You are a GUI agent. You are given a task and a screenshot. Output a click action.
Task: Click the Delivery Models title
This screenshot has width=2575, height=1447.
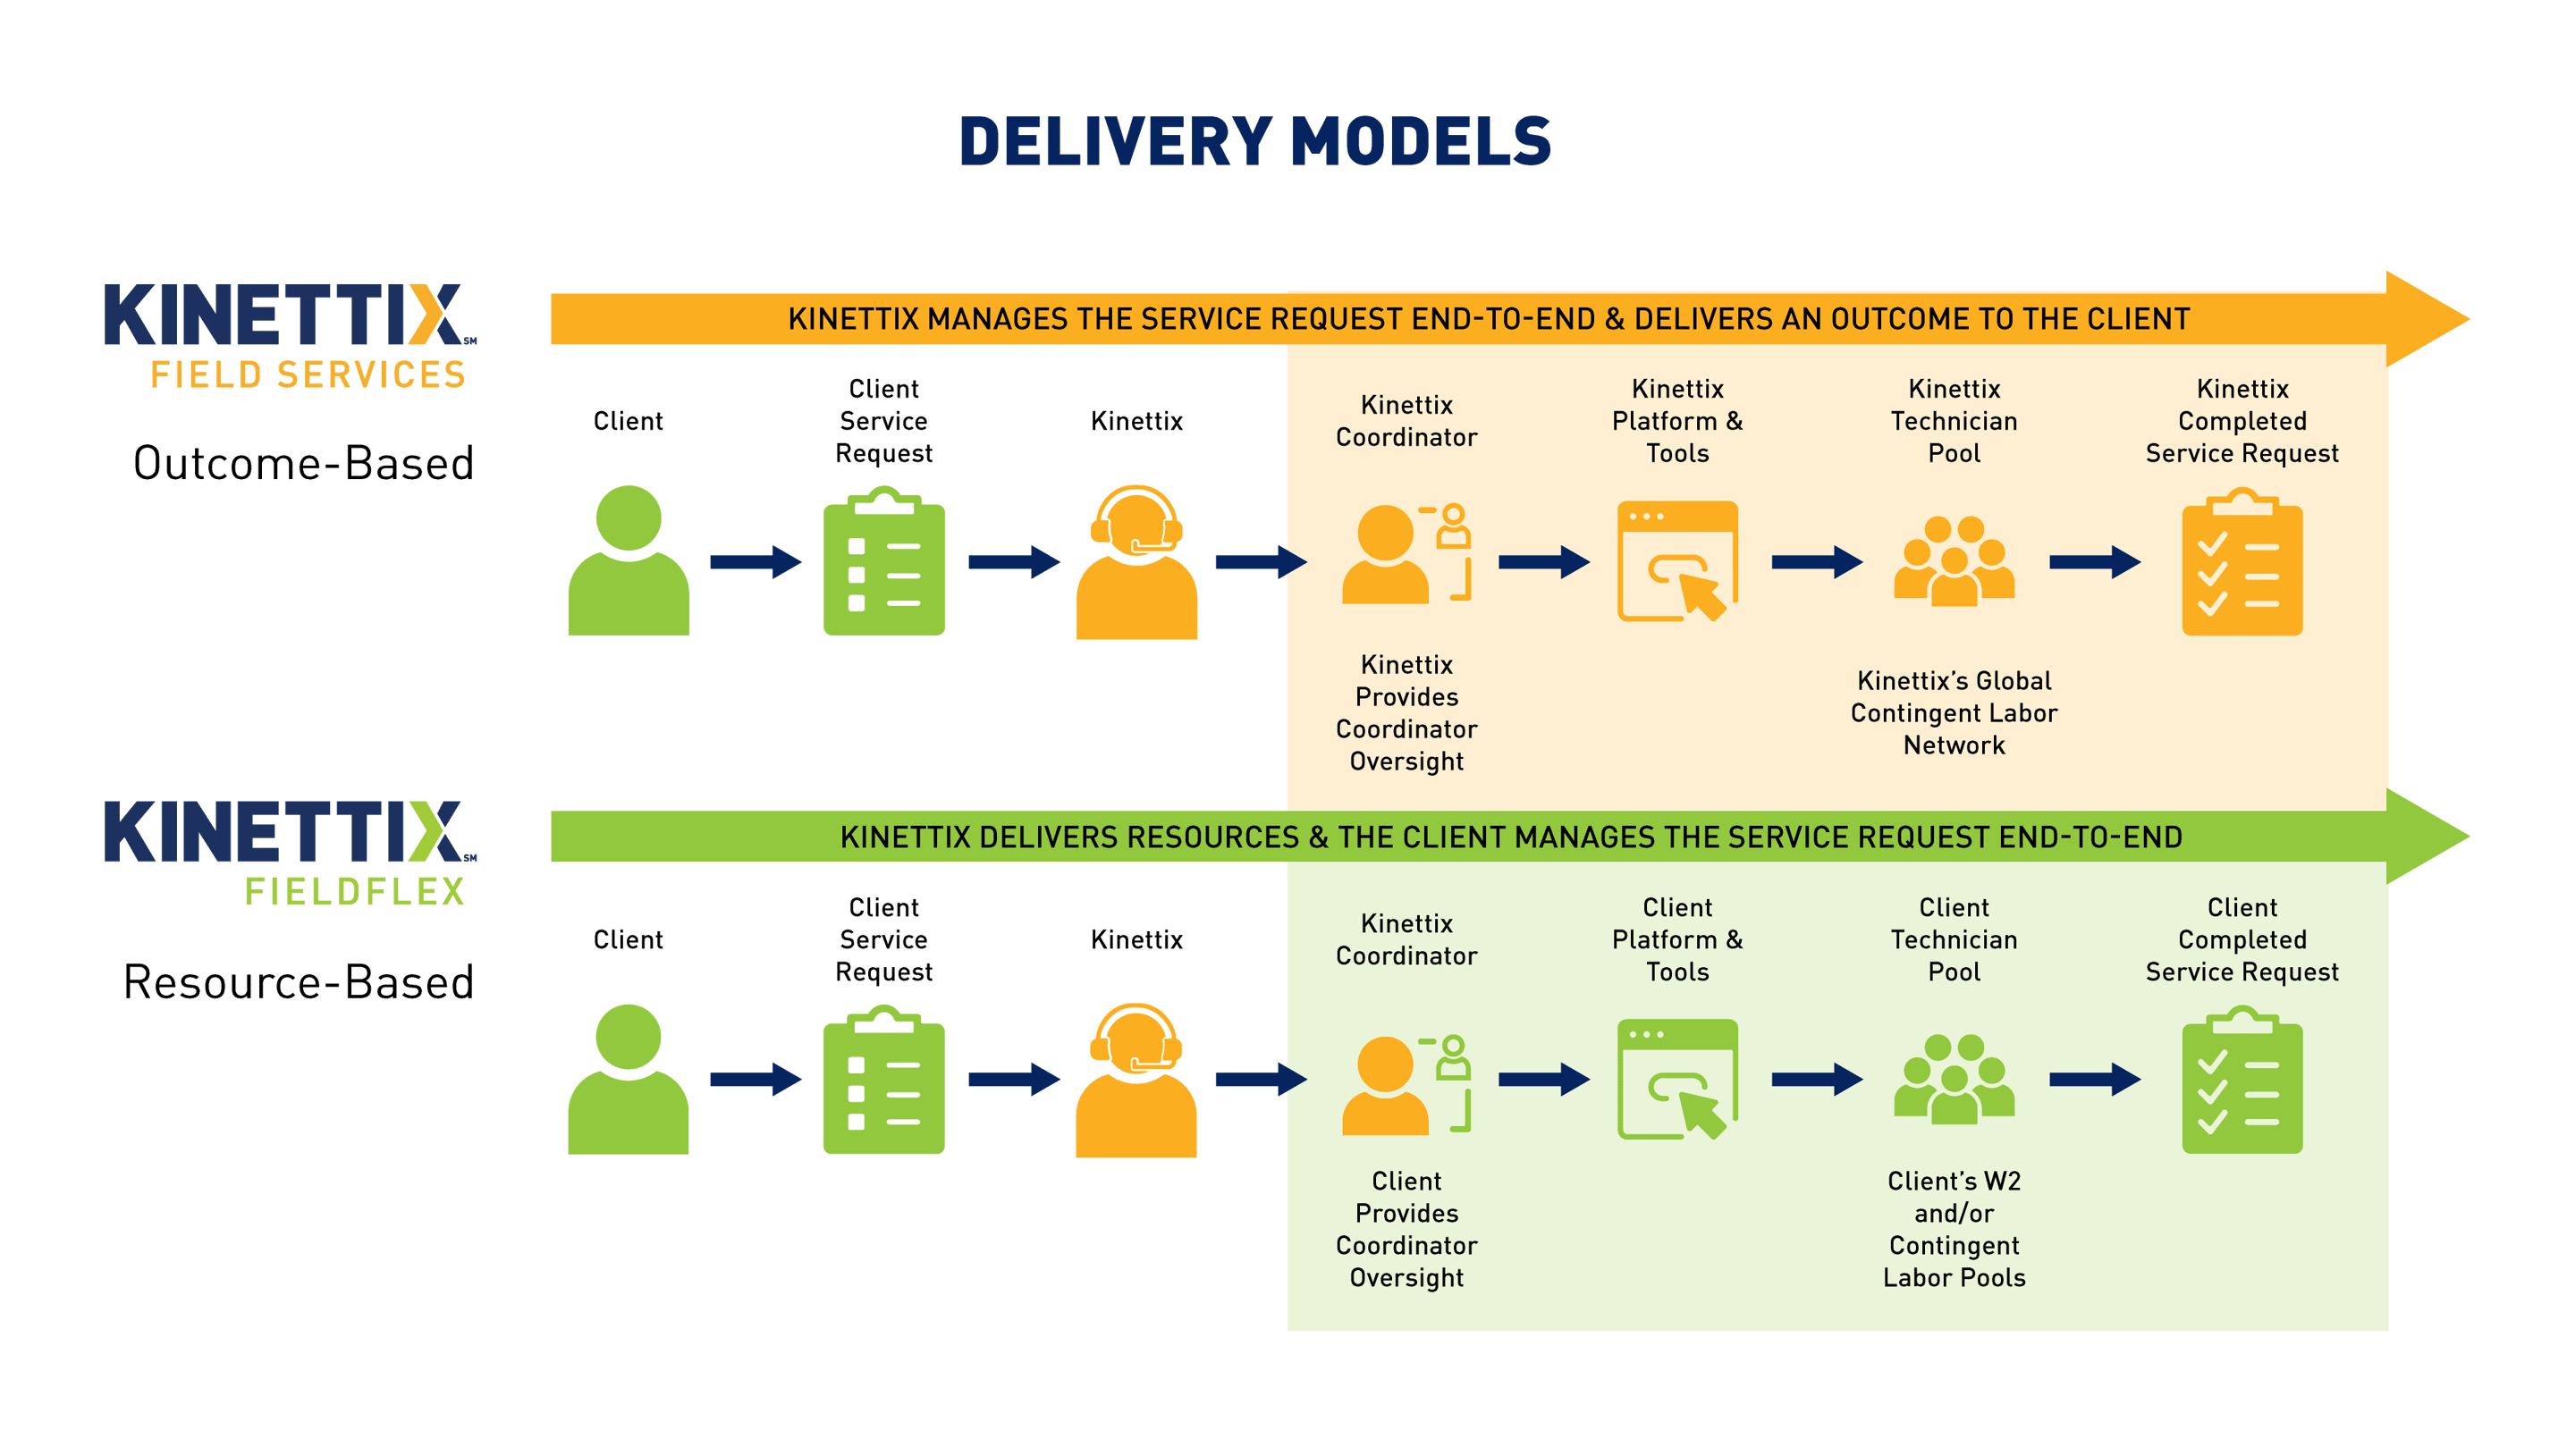pos(1254,141)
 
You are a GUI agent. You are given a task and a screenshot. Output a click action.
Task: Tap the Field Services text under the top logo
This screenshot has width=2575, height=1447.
pos(308,374)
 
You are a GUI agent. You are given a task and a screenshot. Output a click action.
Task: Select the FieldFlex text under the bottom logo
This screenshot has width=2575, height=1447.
pos(355,891)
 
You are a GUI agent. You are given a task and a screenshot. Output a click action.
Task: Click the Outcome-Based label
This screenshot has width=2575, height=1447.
pos(303,464)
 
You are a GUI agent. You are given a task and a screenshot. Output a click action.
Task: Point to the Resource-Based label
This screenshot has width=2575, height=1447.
pos(298,982)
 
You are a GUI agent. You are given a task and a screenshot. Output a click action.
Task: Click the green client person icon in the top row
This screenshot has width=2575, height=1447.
pos(628,561)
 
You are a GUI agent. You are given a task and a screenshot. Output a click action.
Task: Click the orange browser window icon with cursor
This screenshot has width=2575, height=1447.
pos(1677,561)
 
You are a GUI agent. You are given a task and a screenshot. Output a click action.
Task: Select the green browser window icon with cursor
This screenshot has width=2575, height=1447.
pos(1677,1081)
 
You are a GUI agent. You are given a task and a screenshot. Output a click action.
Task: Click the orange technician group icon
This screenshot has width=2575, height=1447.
pos(1954,561)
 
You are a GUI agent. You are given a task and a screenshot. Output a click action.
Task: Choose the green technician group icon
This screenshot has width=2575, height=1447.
pos(1954,1081)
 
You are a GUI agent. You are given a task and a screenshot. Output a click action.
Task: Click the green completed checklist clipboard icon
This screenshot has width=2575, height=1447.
pos(2242,1081)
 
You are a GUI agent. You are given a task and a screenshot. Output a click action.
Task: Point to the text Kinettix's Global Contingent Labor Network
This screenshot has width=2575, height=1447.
pos(1954,713)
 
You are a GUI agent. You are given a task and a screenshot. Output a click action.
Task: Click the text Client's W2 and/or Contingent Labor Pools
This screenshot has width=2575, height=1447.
pos(1954,1229)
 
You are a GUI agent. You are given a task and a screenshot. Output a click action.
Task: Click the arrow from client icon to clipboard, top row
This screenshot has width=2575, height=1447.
pos(755,561)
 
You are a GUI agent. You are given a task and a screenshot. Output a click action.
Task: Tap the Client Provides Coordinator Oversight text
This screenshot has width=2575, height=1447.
pos(1406,1229)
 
